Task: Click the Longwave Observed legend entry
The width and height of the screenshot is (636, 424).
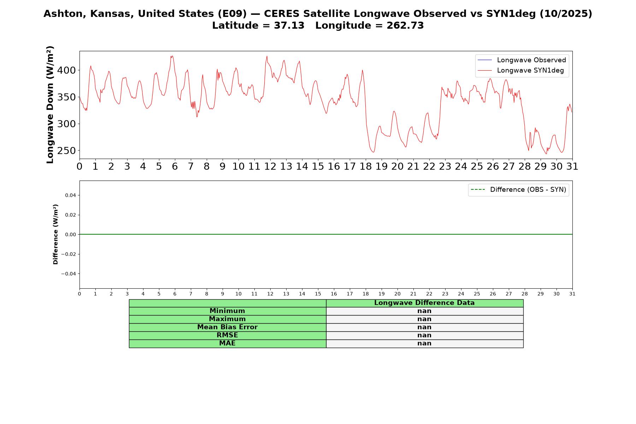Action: pos(522,60)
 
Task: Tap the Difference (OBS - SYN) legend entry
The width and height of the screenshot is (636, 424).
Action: pos(518,190)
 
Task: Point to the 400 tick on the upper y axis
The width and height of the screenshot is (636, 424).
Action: pos(66,70)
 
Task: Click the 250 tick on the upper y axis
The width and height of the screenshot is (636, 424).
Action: pos(66,151)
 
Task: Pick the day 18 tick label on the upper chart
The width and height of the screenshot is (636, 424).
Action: pos(366,166)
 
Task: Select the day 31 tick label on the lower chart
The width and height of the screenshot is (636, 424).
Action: pos(572,294)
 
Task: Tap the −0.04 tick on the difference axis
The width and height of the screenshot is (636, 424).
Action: pos(69,274)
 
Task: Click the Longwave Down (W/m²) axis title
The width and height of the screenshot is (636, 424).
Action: pos(50,105)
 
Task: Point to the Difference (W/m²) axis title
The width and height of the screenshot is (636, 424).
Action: pos(55,234)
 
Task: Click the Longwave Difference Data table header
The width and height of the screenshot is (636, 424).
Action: pos(424,303)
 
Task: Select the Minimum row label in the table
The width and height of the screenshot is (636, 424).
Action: pos(227,311)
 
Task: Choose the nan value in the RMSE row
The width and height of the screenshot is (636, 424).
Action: pos(424,335)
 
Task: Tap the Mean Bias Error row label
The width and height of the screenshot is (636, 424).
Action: pos(227,327)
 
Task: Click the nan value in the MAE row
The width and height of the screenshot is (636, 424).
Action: pos(424,343)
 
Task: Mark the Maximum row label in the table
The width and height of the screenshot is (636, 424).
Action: pos(227,319)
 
